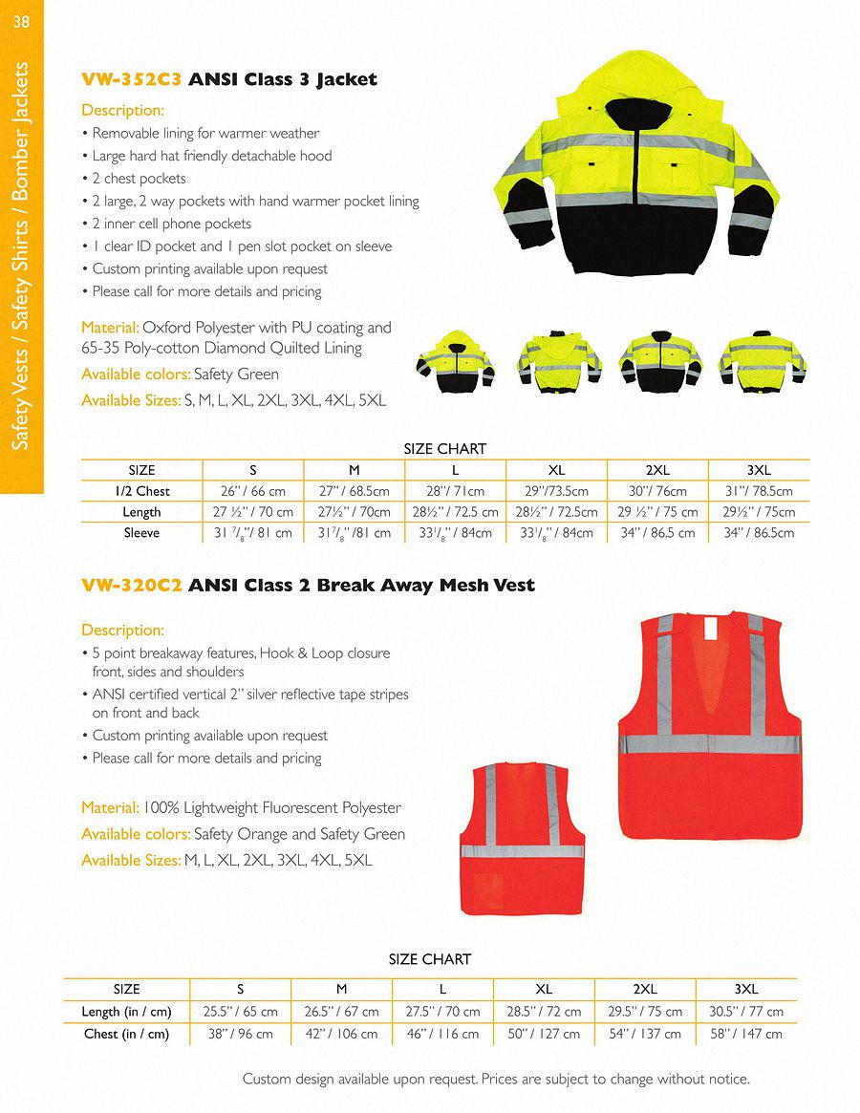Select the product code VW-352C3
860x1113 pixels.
[132, 79]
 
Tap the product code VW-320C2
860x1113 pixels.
[132, 585]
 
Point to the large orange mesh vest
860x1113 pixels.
[708, 726]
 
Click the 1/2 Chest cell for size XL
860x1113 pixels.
[556, 491]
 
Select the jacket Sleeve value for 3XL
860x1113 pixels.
[758, 533]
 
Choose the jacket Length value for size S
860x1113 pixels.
[252, 512]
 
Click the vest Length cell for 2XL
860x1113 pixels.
[646, 1011]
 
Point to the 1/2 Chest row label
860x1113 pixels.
[141, 491]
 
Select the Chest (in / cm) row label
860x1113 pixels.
[126, 1034]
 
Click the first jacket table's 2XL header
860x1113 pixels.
[657, 470]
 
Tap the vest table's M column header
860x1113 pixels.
[341, 989]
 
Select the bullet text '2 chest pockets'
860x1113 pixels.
[140, 179]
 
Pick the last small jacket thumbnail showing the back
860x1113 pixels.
[762, 360]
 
